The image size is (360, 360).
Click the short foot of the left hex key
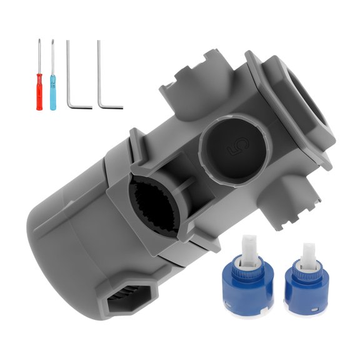click(x=81, y=106)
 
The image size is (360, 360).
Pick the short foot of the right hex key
click(x=111, y=106)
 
